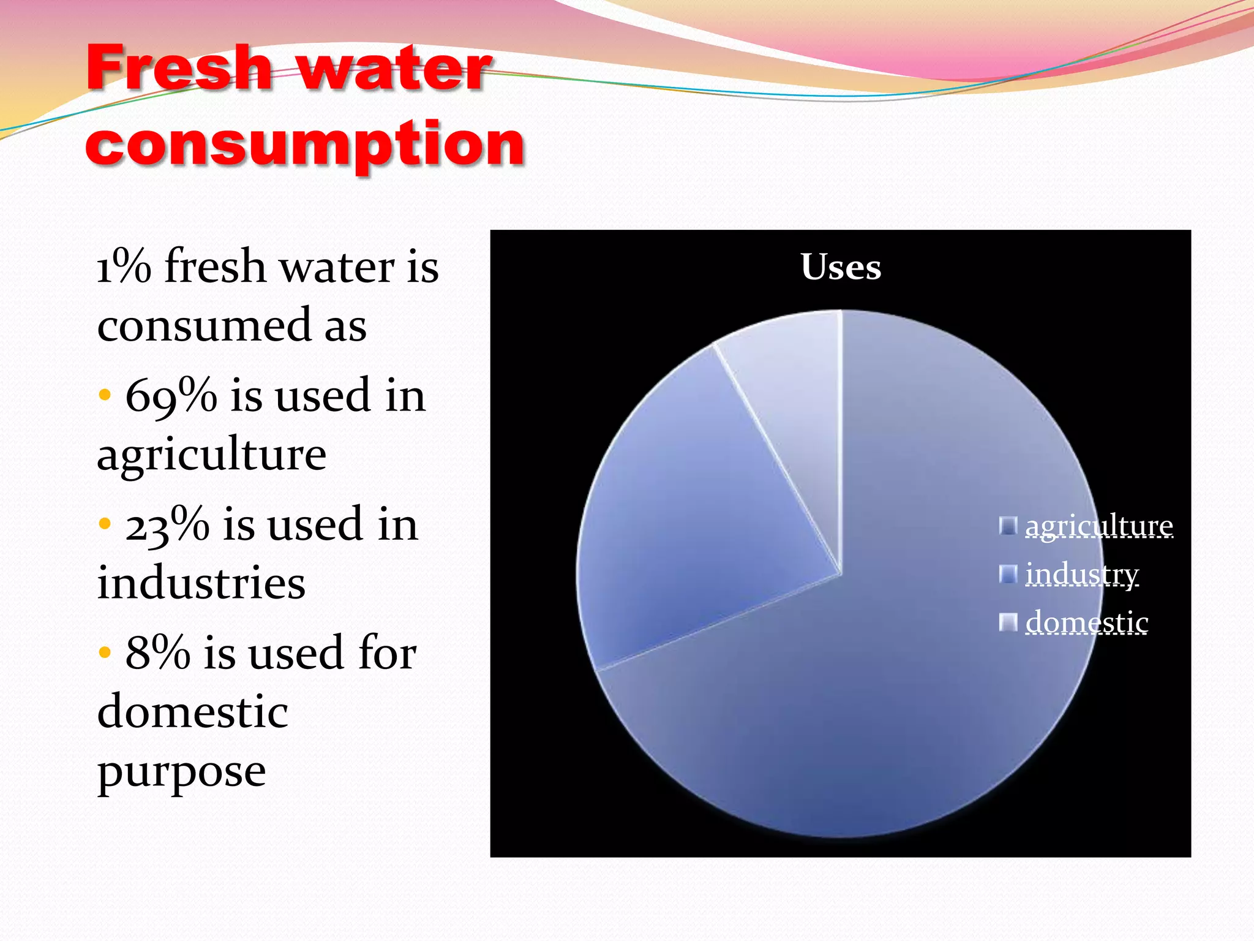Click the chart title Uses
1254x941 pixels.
pyautogui.click(x=841, y=267)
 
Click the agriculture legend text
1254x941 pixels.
pyautogui.click(x=1099, y=526)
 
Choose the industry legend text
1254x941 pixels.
pyautogui.click(x=1082, y=574)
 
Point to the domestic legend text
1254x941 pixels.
pyautogui.click(x=1087, y=622)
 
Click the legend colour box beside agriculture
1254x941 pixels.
pyautogui.click(x=1007, y=526)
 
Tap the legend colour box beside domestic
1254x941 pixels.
pyautogui.click(x=1007, y=622)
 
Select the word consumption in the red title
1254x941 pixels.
pyautogui.click(x=305, y=145)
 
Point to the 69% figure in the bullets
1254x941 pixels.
pyautogui.click(x=171, y=396)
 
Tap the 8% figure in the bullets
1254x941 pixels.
pyautogui.click(x=157, y=653)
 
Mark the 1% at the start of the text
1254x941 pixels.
pyautogui.click(x=124, y=267)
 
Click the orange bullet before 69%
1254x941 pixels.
pyautogui.click(x=105, y=395)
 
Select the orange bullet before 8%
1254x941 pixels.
pyautogui.click(x=105, y=652)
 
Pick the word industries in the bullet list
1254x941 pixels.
pyautogui.click(x=201, y=583)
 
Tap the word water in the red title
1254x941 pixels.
pyautogui.click(x=394, y=69)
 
